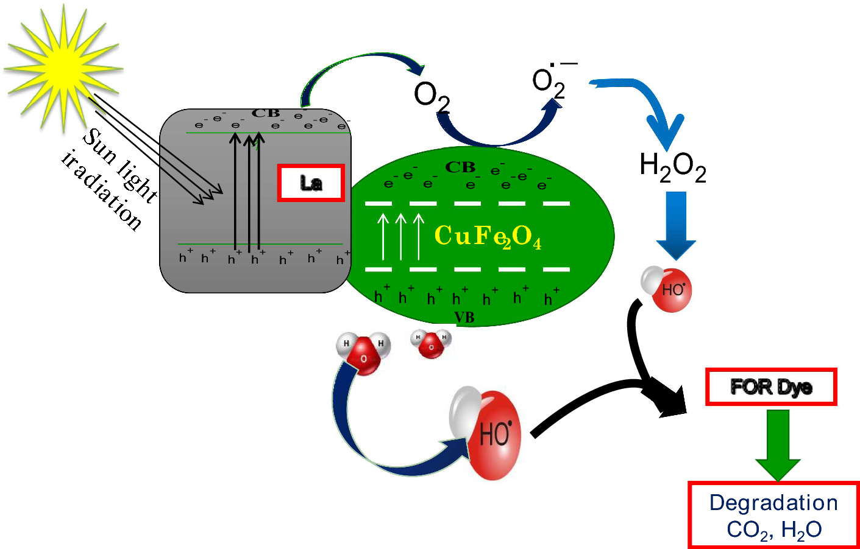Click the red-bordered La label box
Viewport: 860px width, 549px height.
pyautogui.click(x=311, y=183)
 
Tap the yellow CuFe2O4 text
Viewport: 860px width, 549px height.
pyautogui.click(x=487, y=236)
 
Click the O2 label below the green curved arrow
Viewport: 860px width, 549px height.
pyautogui.click(x=432, y=96)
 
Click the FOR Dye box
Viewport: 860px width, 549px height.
pyautogui.click(x=770, y=386)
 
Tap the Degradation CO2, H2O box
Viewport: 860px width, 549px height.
pyautogui.click(x=773, y=516)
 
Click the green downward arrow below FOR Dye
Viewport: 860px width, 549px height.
pyautogui.click(x=778, y=444)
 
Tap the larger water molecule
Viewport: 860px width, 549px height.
pyautogui.click(x=363, y=352)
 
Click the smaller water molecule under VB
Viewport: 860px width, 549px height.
pyautogui.click(x=431, y=343)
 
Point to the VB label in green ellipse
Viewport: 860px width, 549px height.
pyautogui.click(x=464, y=317)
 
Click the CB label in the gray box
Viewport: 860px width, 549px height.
pyautogui.click(x=266, y=113)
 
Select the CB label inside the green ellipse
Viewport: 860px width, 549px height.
pyautogui.click(x=460, y=167)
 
